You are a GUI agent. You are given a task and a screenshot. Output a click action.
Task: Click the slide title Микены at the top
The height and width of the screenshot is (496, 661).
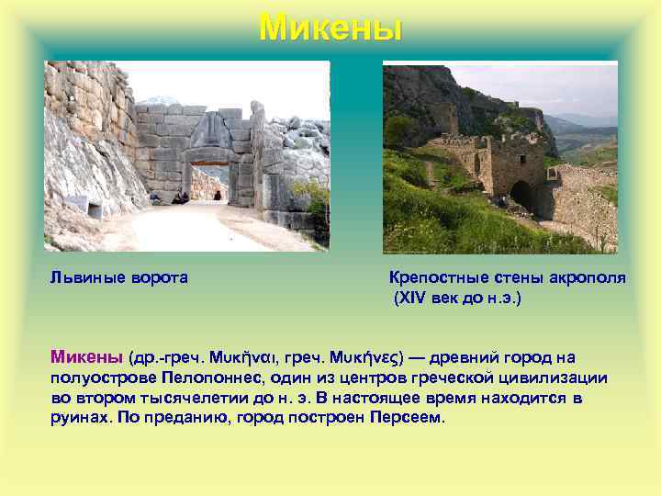[x=330, y=28]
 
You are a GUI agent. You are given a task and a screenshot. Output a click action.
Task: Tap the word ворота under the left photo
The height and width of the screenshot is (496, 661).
[x=158, y=277]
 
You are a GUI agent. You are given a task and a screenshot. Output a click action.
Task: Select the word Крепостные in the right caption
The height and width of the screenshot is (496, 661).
[x=435, y=277]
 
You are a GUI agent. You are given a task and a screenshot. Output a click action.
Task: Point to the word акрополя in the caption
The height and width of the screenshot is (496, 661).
[x=588, y=277]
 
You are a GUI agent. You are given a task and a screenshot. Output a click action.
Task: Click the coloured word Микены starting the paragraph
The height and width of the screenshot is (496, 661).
[x=87, y=356]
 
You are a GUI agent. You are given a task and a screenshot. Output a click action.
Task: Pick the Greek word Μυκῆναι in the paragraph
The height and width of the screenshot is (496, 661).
[x=244, y=356]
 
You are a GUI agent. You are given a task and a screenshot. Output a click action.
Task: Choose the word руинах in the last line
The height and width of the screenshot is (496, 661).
[x=82, y=418]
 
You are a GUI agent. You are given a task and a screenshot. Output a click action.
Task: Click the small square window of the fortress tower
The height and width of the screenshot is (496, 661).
[x=476, y=163]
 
